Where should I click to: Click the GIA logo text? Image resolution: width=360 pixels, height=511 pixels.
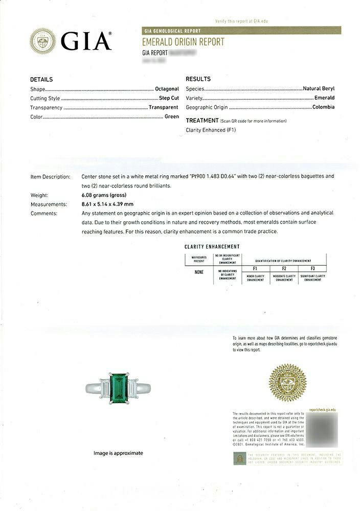pyautogui.click(x=86, y=41)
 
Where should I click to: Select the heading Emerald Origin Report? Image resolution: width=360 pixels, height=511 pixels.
pyautogui.click(x=183, y=42)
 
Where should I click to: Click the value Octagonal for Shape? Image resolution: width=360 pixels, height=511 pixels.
pyautogui.click(x=167, y=89)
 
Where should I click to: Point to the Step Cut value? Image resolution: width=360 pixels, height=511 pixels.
pyautogui.click(x=168, y=98)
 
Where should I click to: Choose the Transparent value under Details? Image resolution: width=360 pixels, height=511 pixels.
pyautogui.click(x=163, y=107)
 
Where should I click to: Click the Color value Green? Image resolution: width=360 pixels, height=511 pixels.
pyautogui.click(x=171, y=117)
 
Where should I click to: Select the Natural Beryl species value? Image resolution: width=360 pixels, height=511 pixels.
pyautogui.click(x=319, y=88)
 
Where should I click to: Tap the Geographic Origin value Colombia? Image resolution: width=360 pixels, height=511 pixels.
pyautogui.click(x=323, y=107)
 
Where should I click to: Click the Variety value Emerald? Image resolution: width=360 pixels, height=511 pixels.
pyautogui.click(x=324, y=98)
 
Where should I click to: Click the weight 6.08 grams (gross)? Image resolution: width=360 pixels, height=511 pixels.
pyautogui.click(x=104, y=195)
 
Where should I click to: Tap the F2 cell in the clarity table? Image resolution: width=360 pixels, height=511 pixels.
pyautogui.click(x=284, y=268)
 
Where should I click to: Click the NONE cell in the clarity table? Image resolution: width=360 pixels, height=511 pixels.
pyautogui.click(x=199, y=272)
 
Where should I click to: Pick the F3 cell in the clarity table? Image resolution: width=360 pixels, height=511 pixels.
pyautogui.click(x=312, y=268)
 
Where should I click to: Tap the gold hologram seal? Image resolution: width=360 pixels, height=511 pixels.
pyautogui.click(x=287, y=382)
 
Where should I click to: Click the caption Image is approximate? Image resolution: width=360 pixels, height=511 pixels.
pyautogui.click(x=118, y=453)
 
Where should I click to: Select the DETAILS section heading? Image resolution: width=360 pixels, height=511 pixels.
pyautogui.click(x=41, y=79)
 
